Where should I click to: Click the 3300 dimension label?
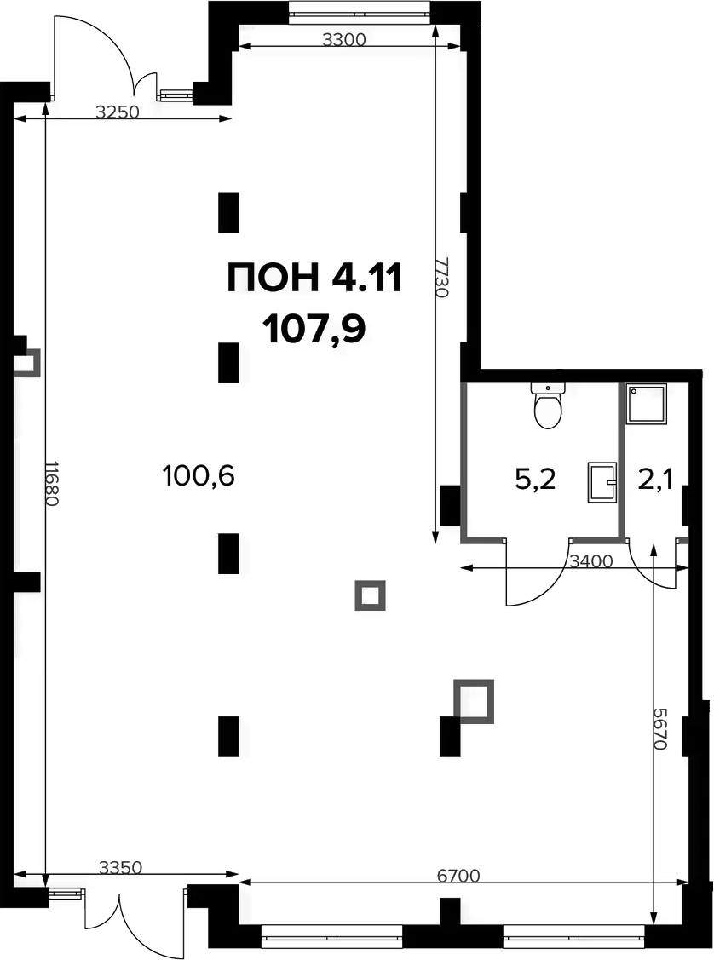(x=343, y=40)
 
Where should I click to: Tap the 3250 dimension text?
(x=118, y=112)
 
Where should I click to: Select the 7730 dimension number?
(x=440, y=277)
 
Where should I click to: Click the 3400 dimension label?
(x=591, y=560)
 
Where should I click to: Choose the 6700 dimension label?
(x=458, y=876)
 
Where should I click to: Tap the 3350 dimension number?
(x=121, y=867)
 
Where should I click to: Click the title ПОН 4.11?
(x=314, y=278)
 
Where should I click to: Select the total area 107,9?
(x=314, y=329)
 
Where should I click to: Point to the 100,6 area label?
(x=199, y=475)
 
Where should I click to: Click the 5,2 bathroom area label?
(x=535, y=480)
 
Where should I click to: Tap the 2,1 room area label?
(x=655, y=480)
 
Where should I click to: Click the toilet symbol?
(x=548, y=406)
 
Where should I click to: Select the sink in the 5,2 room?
(x=602, y=482)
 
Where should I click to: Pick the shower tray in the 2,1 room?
(x=646, y=404)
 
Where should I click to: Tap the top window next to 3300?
(x=360, y=12)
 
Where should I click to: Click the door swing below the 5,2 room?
(x=537, y=572)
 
